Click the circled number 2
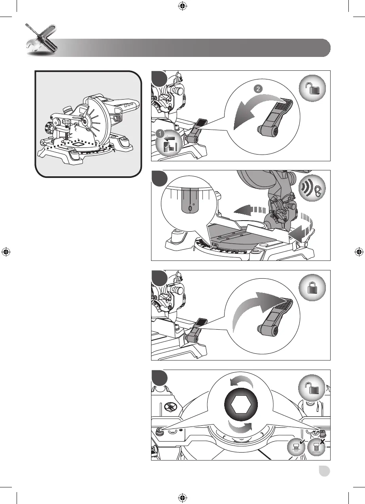(258, 89)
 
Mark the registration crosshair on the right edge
(359, 252)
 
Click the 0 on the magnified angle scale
(190, 208)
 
